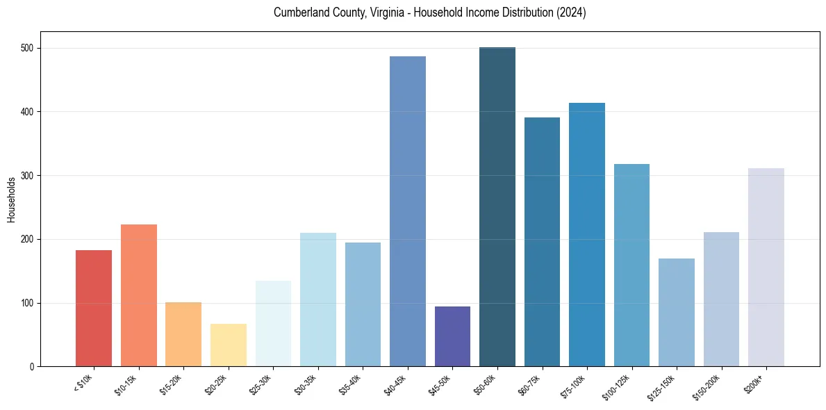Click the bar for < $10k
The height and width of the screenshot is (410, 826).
tap(94, 309)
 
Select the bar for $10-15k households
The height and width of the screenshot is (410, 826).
tap(138, 295)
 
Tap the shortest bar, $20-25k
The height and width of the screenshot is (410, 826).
tap(228, 345)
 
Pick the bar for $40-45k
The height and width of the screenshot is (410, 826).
tap(407, 211)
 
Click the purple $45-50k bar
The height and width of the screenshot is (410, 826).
tap(452, 336)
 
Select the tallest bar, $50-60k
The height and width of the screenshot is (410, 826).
tap(497, 207)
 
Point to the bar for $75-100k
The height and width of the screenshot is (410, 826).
tap(586, 235)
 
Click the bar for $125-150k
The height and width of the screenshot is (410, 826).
tap(676, 313)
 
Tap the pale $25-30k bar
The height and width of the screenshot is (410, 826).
tap(273, 324)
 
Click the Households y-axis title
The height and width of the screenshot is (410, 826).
tap(11, 199)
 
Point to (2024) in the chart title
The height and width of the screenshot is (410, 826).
tap(571, 13)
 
